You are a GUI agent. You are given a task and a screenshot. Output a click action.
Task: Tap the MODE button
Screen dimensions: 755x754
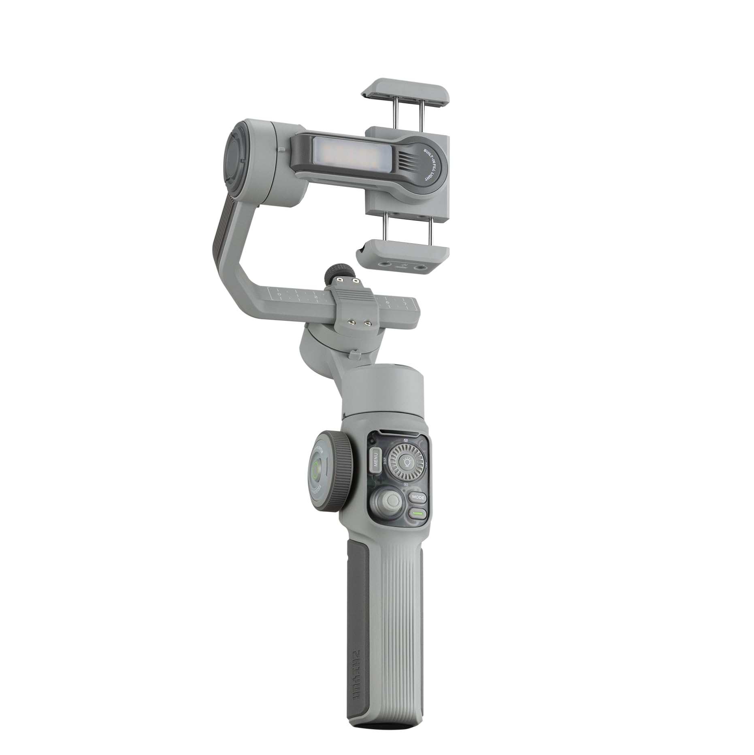[417, 497]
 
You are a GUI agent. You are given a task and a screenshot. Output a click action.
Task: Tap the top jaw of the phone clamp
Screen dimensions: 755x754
[406, 90]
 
